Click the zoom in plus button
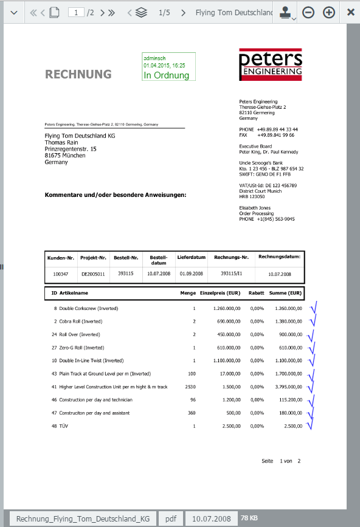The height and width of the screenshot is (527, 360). (x=329, y=12)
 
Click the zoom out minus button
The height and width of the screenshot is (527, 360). (x=308, y=12)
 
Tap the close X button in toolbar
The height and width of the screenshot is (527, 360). (x=350, y=12)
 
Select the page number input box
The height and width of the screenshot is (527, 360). (x=76, y=12)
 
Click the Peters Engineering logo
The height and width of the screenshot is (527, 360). (x=270, y=64)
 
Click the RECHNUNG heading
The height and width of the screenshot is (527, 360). (x=78, y=75)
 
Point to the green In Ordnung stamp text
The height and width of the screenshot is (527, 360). (x=166, y=75)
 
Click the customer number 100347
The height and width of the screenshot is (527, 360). (x=61, y=274)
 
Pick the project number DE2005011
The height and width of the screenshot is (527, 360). (x=94, y=274)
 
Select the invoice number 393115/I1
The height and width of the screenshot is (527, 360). (x=230, y=274)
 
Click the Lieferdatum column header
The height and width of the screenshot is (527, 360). (x=191, y=258)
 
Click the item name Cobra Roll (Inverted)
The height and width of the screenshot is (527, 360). (x=81, y=321)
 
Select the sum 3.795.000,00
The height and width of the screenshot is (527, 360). (x=287, y=387)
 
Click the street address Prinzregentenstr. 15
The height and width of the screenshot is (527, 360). (x=71, y=149)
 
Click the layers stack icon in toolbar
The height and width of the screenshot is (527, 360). (x=141, y=12)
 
